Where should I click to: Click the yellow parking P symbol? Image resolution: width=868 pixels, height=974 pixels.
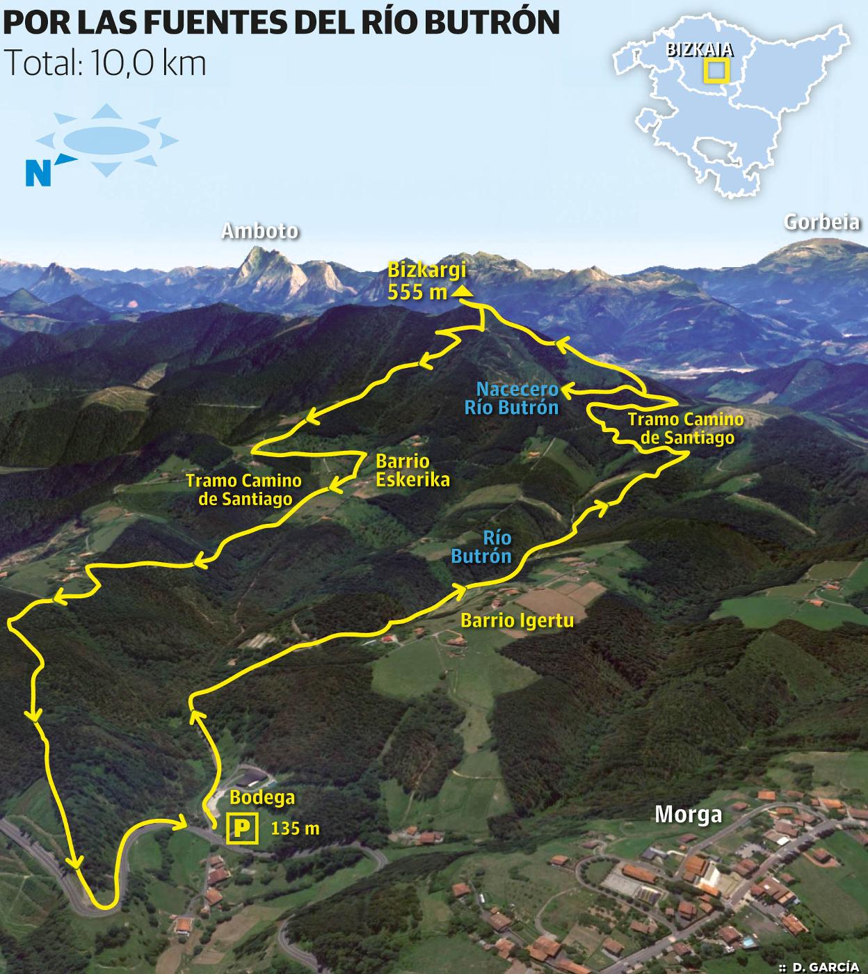coord(242,829)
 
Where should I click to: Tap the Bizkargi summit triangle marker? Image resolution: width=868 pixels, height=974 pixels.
coord(463,292)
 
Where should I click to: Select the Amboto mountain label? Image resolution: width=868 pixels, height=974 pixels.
coord(259,232)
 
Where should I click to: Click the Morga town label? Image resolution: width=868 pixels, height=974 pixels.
coord(688,815)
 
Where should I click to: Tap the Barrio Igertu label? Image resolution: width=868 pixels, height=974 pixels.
coord(517,620)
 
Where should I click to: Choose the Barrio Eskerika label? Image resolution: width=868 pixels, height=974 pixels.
coord(412,470)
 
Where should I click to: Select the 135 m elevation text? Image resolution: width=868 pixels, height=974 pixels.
coord(295,829)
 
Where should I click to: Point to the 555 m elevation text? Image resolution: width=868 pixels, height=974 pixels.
coord(417,292)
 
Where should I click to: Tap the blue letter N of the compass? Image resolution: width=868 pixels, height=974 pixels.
coord(38,173)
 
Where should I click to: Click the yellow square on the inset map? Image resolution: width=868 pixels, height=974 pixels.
coord(715,71)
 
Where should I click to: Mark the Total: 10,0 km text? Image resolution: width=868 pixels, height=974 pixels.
coord(105,64)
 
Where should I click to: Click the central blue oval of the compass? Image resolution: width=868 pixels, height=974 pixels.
coord(106,140)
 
